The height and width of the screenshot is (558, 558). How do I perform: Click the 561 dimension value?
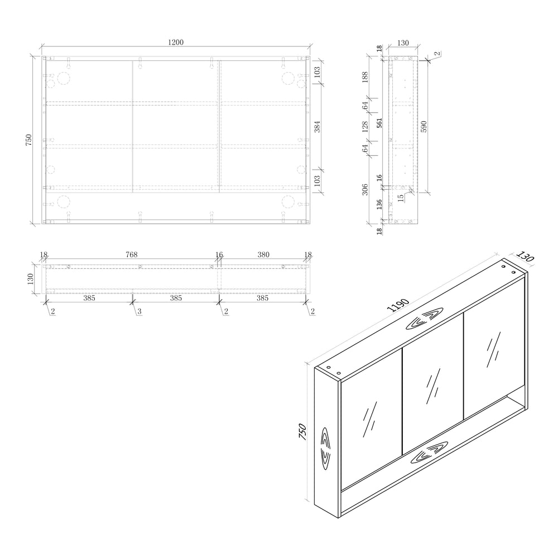point(379,123)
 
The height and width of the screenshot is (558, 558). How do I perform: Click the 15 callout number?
point(400,197)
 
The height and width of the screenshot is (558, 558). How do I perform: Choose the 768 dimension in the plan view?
point(131,254)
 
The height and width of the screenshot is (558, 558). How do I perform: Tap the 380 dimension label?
point(263,254)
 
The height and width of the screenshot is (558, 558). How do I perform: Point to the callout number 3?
point(139,311)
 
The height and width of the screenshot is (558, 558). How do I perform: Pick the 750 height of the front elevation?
point(29,139)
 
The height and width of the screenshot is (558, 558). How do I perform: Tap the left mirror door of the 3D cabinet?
point(371,424)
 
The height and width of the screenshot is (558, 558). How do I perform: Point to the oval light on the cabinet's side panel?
point(326,445)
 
